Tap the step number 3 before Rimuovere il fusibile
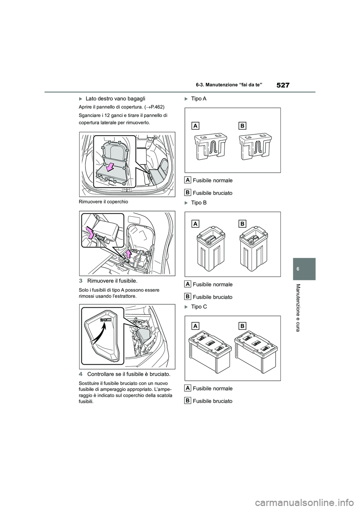tap(81, 281)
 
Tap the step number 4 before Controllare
tap(81, 374)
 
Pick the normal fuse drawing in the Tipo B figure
tap(210, 248)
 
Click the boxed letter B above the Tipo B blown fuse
tap(242, 224)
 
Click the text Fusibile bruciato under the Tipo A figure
tap(212, 193)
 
